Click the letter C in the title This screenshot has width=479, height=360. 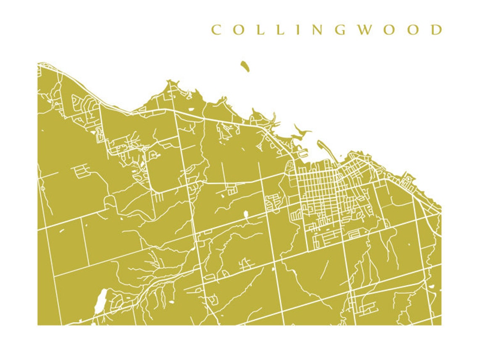coord(216,30)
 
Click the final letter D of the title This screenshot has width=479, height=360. coord(437,30)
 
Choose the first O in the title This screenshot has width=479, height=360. coord(238,30)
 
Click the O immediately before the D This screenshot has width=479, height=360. coord(413,30)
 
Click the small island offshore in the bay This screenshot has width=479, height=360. coord(245,66)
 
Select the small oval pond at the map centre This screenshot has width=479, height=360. coord(246,215)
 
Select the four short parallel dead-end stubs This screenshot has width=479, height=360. coord(156,197)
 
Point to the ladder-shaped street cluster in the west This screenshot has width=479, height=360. coord(81,170)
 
